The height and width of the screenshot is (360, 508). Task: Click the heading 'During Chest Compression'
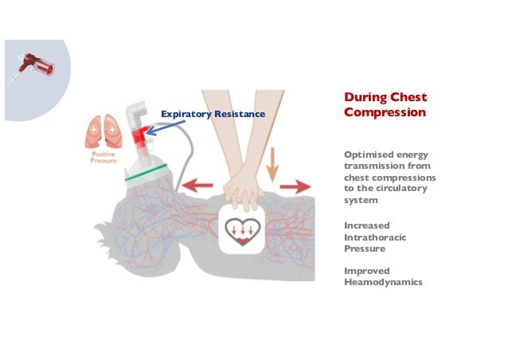point(385,104)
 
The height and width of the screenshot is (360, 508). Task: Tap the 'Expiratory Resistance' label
point(213,115)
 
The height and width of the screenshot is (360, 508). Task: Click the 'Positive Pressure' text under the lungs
point(104,157)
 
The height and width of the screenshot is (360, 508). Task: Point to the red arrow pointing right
point(295,186)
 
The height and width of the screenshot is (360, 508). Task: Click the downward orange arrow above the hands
point(272,164)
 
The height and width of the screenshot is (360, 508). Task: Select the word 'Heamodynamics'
point(381,281)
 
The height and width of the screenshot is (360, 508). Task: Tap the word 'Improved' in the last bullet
point(367,270)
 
